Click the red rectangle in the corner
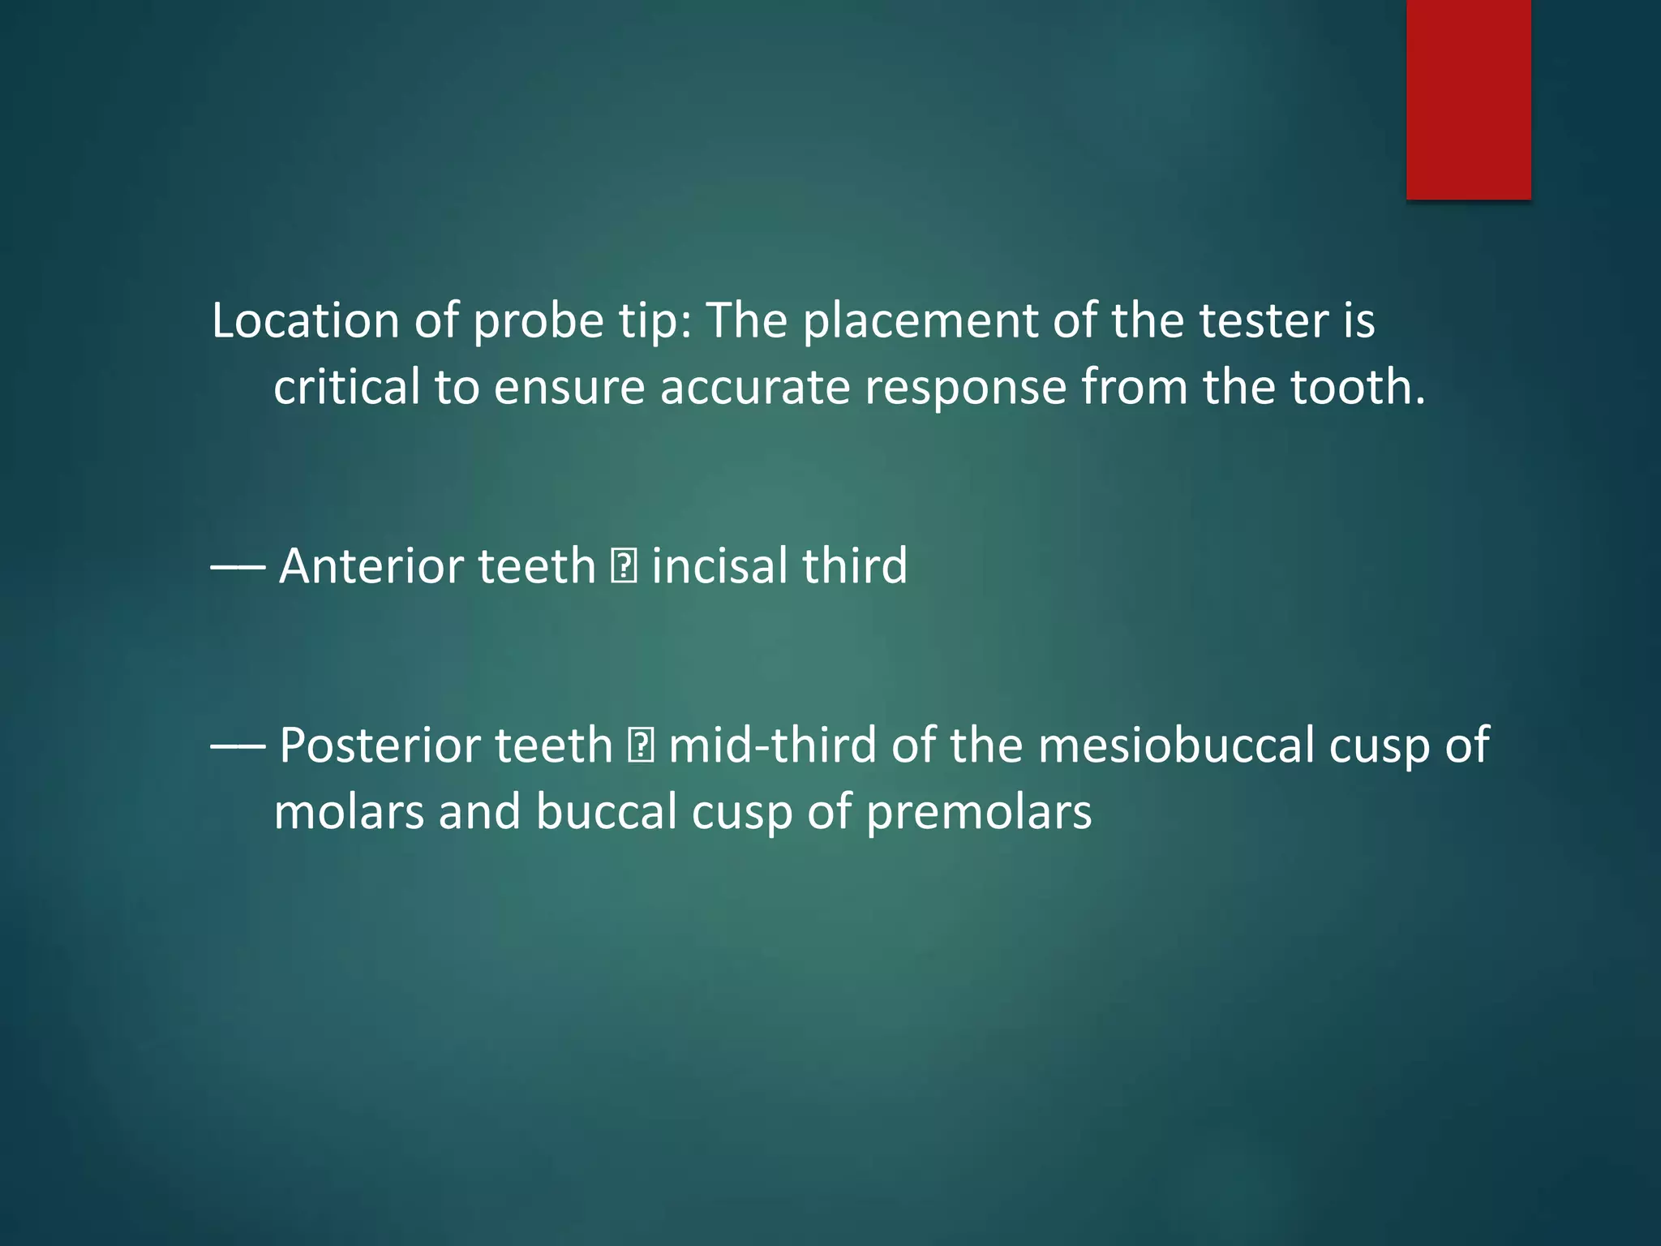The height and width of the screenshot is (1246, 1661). point(1468,99)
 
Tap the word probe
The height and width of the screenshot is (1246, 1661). point(538,322)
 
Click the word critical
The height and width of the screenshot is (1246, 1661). point(346,387)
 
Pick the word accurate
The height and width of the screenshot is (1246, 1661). point(754,387)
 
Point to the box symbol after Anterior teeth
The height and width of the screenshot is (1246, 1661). point(624,567)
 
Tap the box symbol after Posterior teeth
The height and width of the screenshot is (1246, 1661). point(641,746)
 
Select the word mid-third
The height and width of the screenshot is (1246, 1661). point(772,745)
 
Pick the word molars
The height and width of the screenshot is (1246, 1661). point(349,812)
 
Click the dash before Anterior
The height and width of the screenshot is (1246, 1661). point(238,567)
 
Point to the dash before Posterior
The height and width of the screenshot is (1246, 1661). point(238,746)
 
